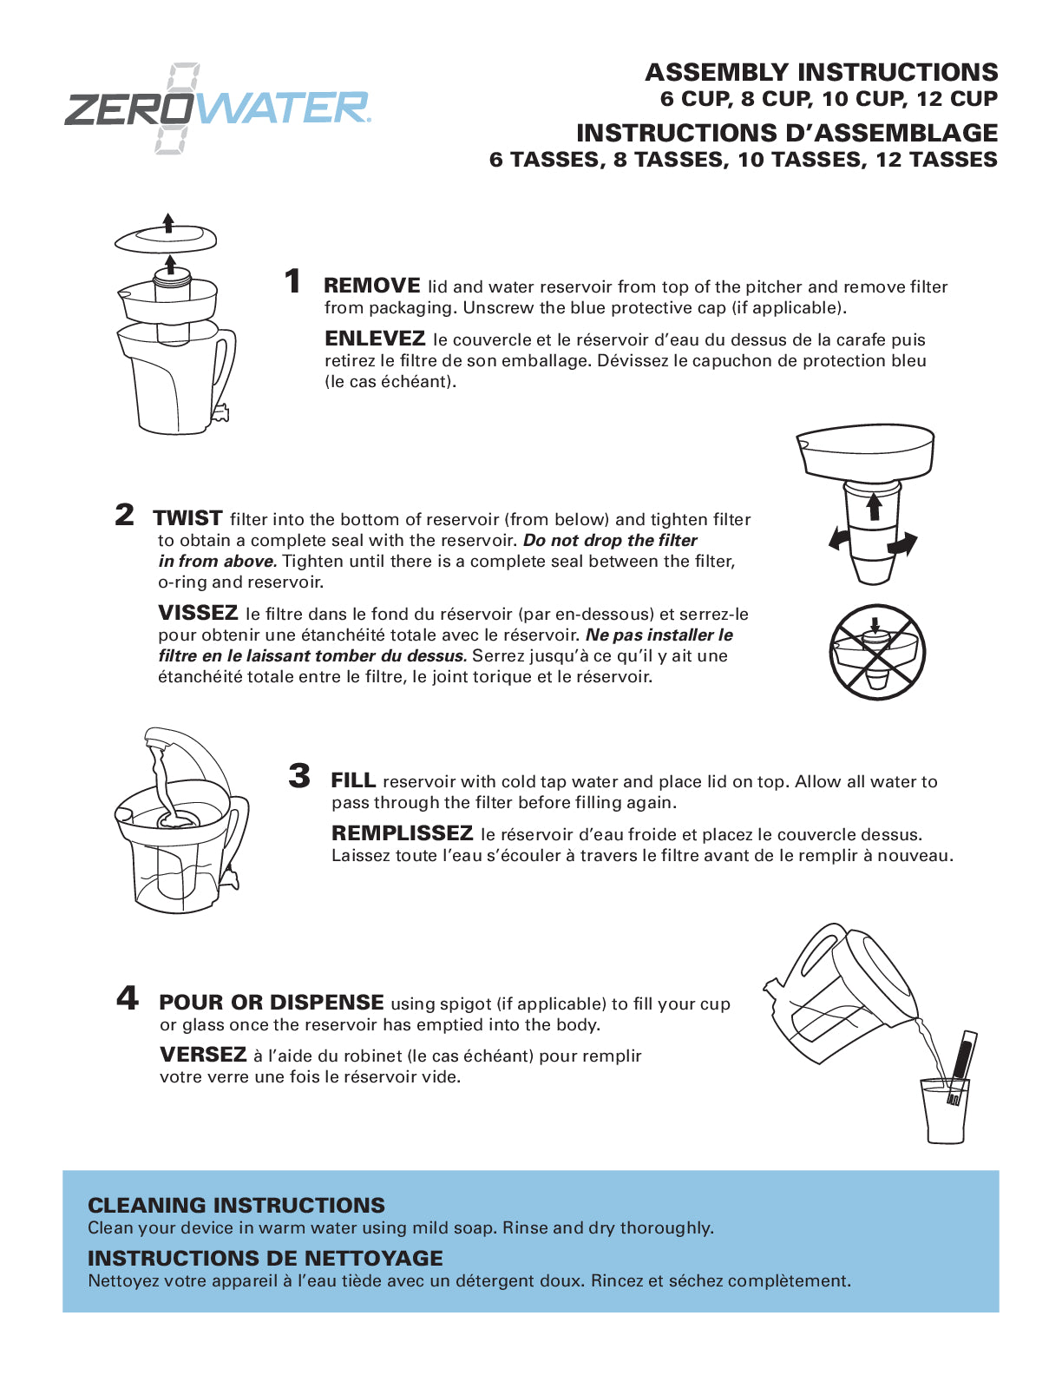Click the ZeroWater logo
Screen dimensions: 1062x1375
[x=217, y=109]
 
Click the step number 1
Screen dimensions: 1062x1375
[x=292, y=281]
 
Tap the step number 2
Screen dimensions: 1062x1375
[x=125, y=515]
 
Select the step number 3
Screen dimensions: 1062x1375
[x=299, y=776]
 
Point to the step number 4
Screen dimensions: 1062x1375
[x=128, y=998]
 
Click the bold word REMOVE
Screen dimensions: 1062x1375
[x=372, y=286]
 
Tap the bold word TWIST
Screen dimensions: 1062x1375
[x=188, y=518]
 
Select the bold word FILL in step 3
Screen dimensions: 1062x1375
[x=354, y=780]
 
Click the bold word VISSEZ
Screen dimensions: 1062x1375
[x=198, y=613]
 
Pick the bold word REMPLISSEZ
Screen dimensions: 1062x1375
[x=403, y=833]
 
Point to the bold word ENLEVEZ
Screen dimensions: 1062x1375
[x=375, y=339]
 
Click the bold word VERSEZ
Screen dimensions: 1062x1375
[x=203, y=1054]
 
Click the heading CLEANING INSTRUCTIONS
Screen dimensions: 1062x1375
[x=237, y=1206]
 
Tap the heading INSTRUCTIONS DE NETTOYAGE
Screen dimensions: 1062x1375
[x=265, y=1258]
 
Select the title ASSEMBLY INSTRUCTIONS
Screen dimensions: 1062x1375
[x=822, y=72]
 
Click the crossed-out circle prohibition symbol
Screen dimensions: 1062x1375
[x=877, y=652]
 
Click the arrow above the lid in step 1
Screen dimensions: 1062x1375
[x=168, y=223]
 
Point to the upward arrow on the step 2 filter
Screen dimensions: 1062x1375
[x=874, y=507]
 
